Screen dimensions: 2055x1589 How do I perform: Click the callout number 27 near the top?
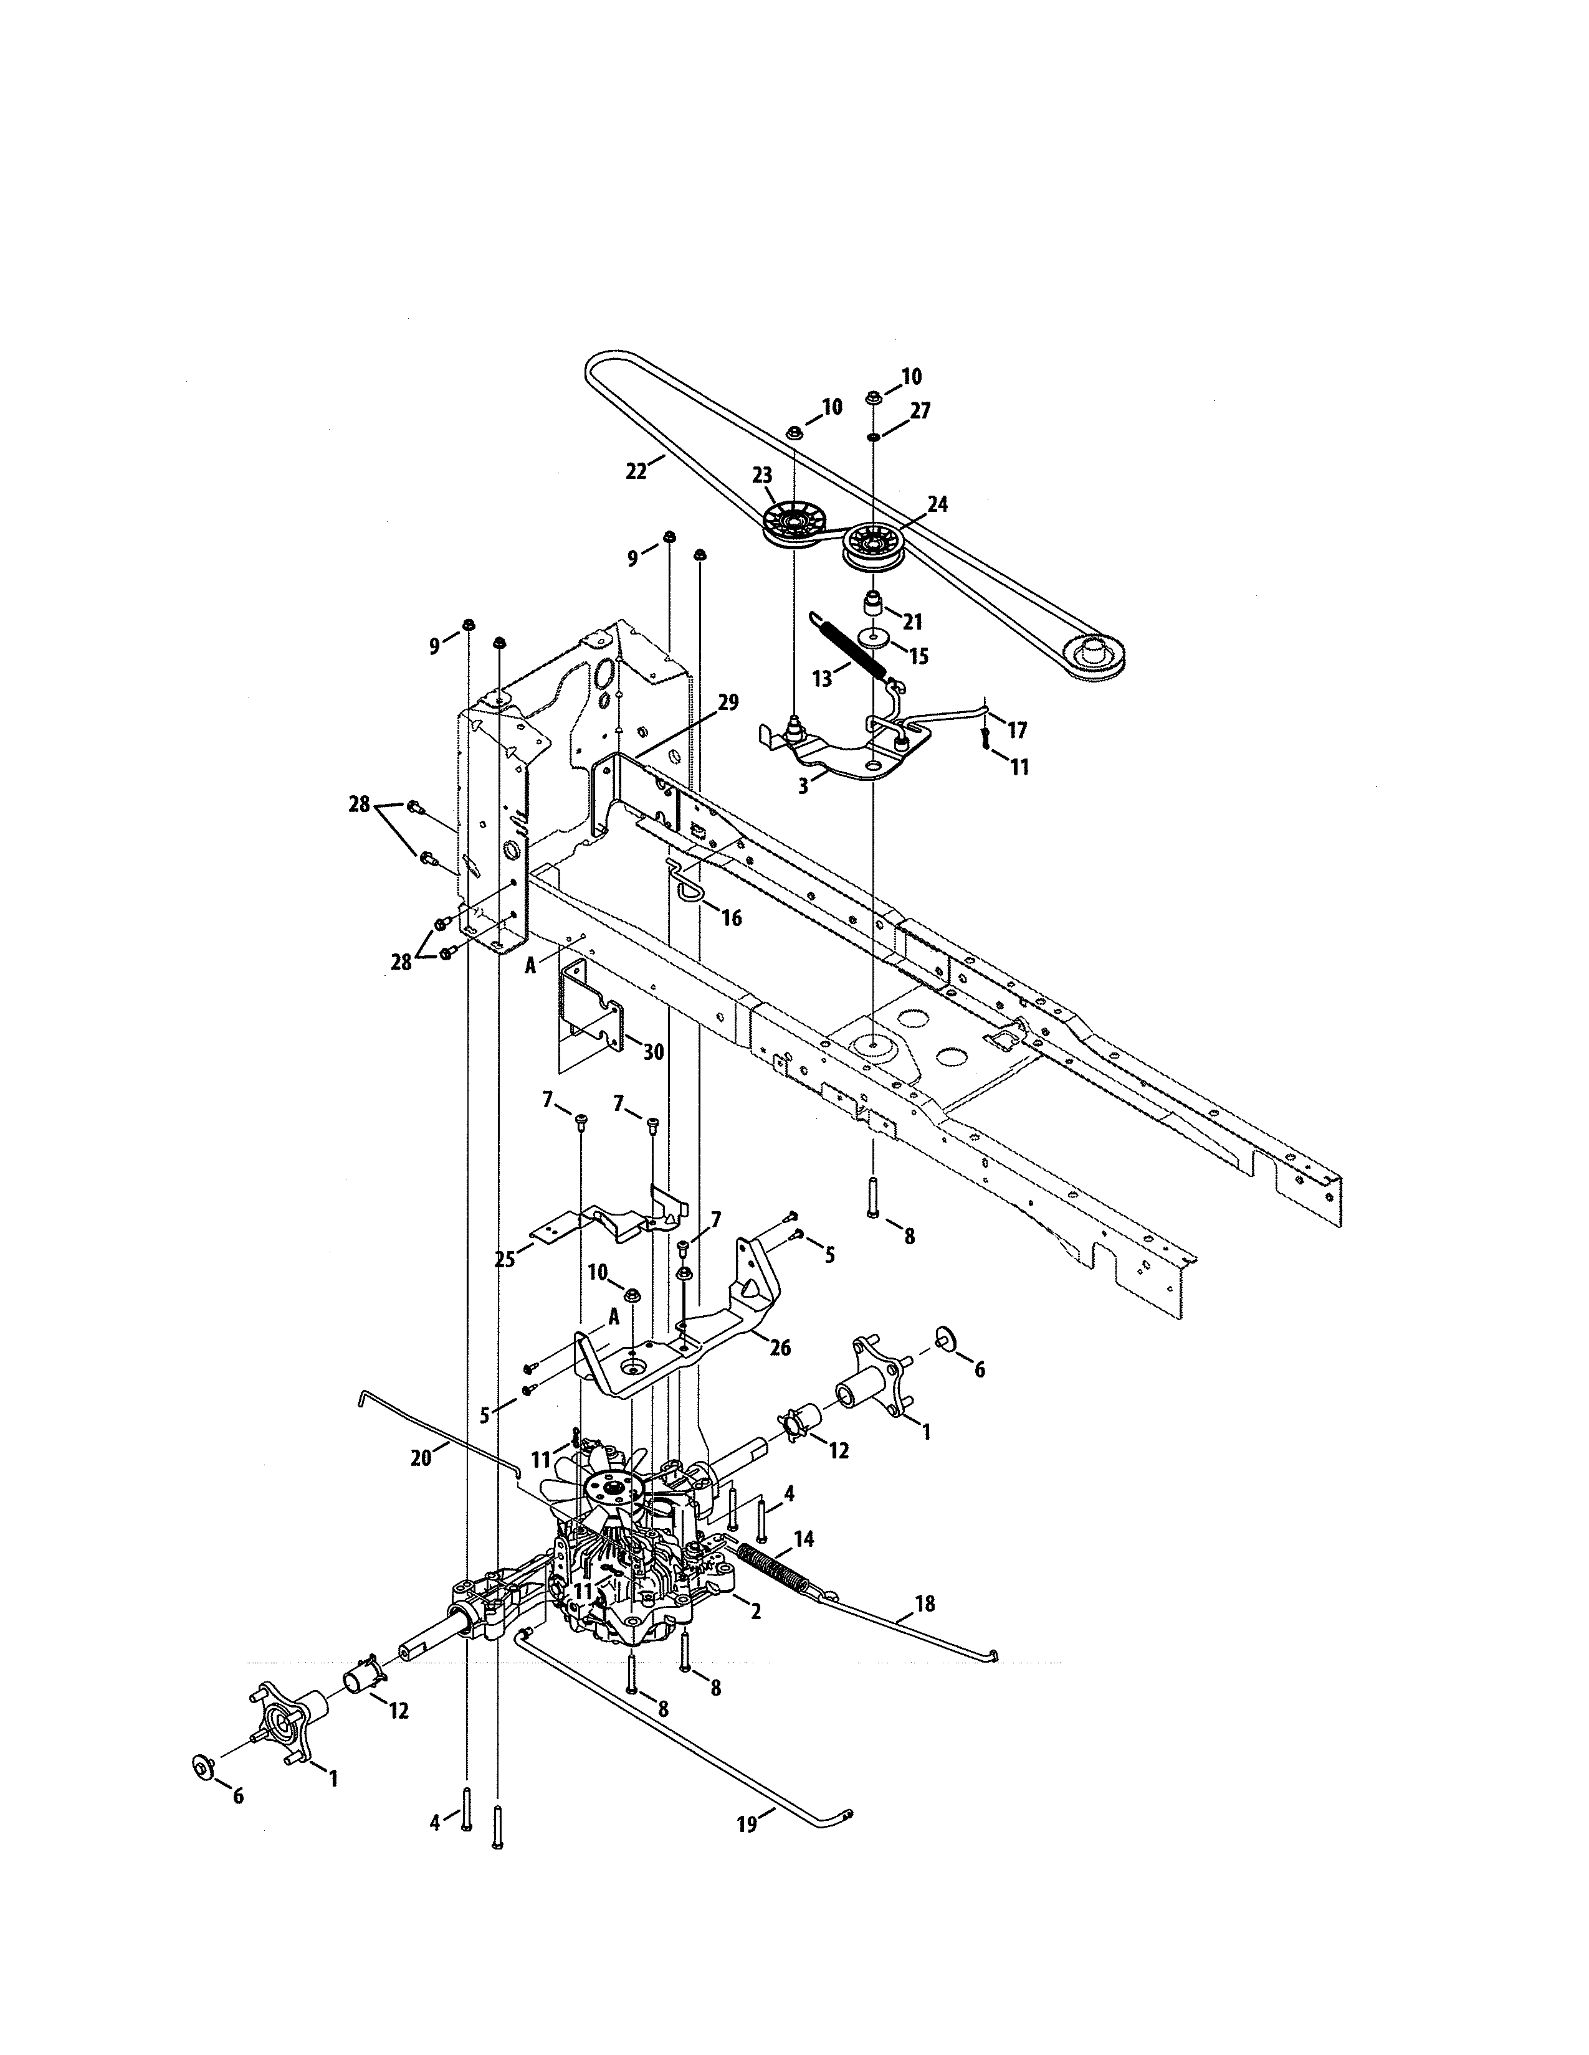click(x=920, y=411)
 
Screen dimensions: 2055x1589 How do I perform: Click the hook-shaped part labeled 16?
click(x=684, y=882)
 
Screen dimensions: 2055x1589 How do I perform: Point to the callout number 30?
click(x=652, y=1051)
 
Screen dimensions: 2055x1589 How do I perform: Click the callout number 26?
click(x=780, y=1348)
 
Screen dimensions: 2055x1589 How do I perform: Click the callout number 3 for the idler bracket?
click(x=803, y=786)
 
